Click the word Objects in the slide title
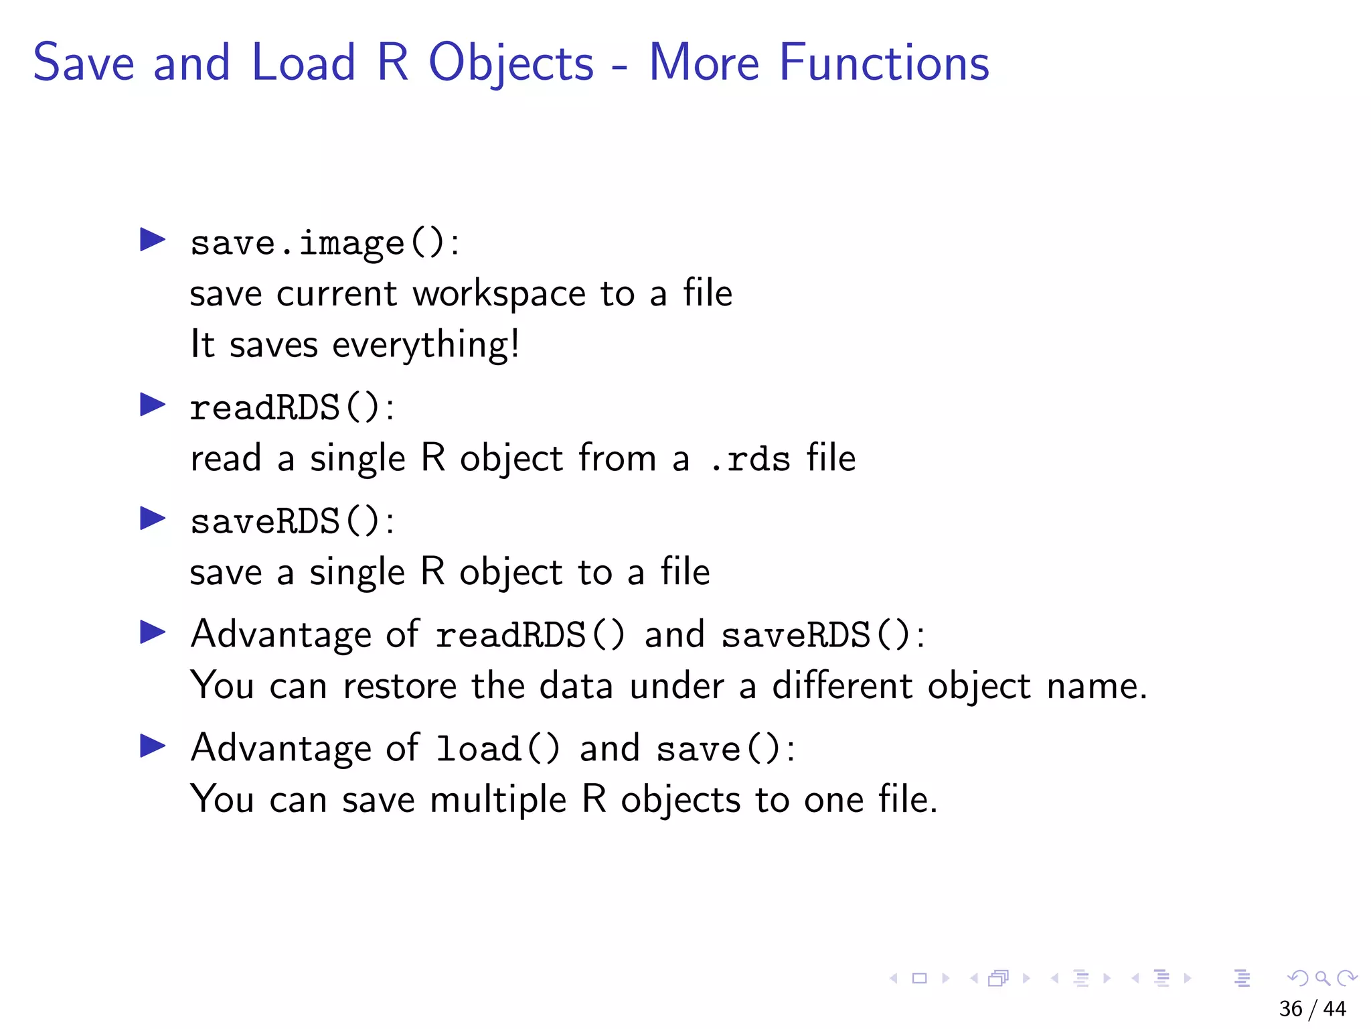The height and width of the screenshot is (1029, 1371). [x=511, y=64]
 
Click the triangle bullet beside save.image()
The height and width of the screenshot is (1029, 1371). [x=153, y=240]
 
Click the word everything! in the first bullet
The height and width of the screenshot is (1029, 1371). [x=426, y=346]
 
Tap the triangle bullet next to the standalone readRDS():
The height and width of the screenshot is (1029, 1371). [x=153, y=405]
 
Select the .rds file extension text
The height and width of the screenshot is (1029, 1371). [x=750, y=460]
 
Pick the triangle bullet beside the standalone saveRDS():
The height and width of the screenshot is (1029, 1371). [x=153, y=519]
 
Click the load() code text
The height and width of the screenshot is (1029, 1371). [x=497, y=749]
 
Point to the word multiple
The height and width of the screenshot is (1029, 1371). [x=498, y=801]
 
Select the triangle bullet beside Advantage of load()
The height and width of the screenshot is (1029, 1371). [x=153, y=746]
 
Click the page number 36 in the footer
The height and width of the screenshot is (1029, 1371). [x=1291, y=1009]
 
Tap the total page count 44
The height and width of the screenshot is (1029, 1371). [x=1335, y=1009]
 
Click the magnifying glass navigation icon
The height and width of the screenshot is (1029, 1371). [x=1323, y=979]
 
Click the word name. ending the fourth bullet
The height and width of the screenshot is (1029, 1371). [x=1097, y=686]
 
